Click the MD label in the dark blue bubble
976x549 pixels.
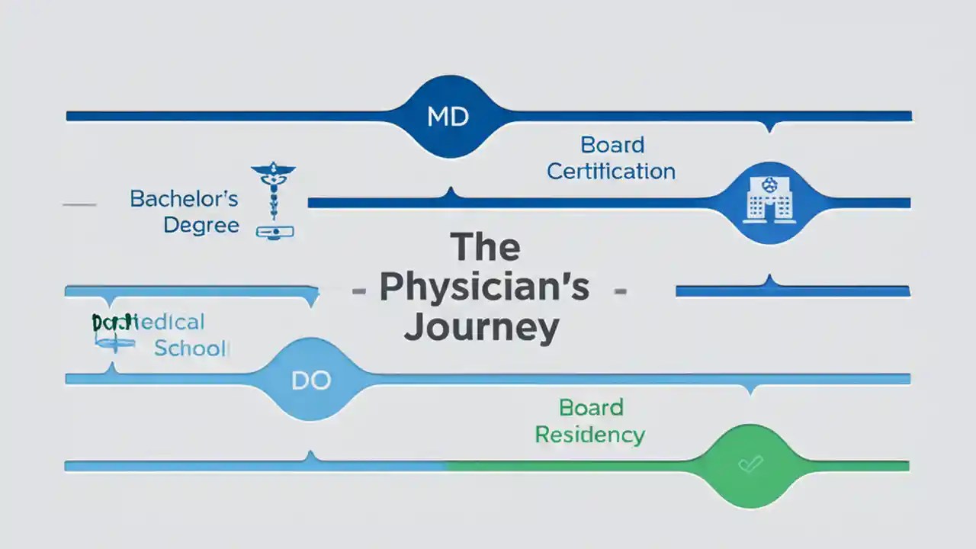448,117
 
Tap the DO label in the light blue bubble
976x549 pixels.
311,380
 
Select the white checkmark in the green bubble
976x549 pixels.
750,464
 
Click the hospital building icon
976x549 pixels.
769,202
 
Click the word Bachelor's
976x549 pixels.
184,199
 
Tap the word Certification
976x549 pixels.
611,171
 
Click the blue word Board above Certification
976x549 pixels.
612,144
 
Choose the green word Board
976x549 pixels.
591,407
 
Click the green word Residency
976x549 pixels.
589,435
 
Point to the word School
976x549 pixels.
191,348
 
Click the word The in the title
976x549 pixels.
485,247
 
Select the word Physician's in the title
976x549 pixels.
484,287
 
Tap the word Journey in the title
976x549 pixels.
481,327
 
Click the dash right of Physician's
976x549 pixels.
620,291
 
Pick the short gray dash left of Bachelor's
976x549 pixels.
79,204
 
